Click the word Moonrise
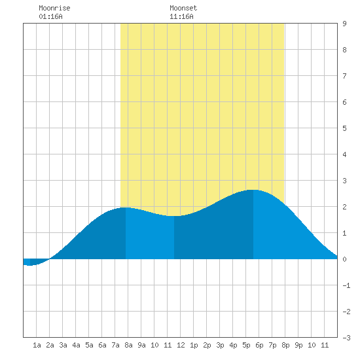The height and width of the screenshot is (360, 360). tap(54, 8)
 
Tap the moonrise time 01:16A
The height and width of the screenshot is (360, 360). tap(50, 16)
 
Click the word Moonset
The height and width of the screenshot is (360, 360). tap(183, 8)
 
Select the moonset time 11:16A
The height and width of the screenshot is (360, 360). tap(181, 16)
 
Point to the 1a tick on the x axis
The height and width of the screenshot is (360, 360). tap(37, 345)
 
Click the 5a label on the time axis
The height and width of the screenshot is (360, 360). tap(89, 345)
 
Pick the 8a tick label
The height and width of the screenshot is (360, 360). tap(128, 345)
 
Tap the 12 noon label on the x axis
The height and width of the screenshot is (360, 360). tap(181, 345)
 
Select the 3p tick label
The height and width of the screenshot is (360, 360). tap(220, 345)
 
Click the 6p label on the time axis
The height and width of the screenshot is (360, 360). tap(259, 345)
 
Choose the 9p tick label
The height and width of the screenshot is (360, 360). tap(298, 345)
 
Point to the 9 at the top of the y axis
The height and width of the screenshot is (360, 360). tap(344, 24)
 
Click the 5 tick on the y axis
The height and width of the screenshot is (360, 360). tap(344, 128)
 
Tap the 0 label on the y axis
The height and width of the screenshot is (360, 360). tap(344, 259)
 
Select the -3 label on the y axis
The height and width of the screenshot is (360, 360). tap(346, 338)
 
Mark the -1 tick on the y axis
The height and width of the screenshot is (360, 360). tap(346, 285)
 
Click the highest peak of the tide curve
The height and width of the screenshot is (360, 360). tap(253, 190)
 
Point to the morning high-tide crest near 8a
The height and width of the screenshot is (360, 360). tap(126, 207)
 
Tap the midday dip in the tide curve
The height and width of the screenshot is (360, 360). tap(174, 216)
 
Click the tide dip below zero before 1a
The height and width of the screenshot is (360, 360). tap(30, 265)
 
